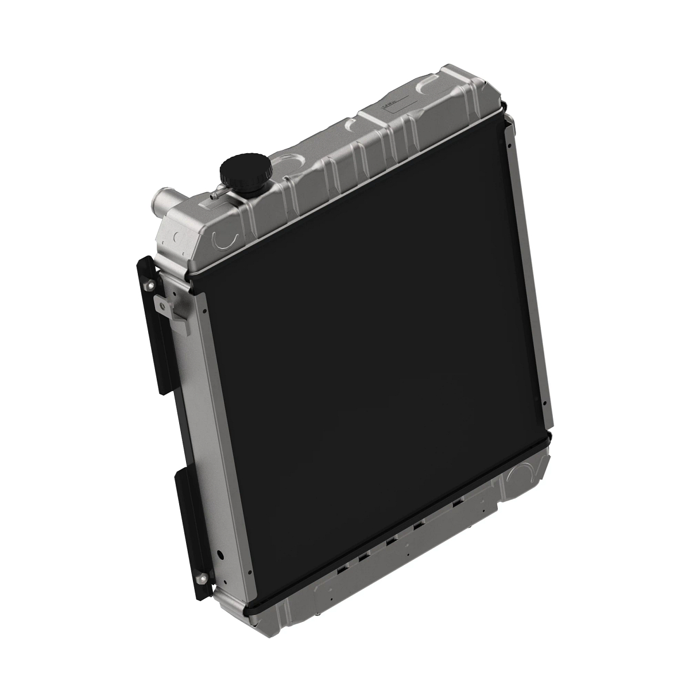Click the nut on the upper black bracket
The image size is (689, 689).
click(x=151, y=286)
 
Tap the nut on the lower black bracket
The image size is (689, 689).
click(x=202, y=576)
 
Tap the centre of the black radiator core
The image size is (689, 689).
click(x=373, y=367)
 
